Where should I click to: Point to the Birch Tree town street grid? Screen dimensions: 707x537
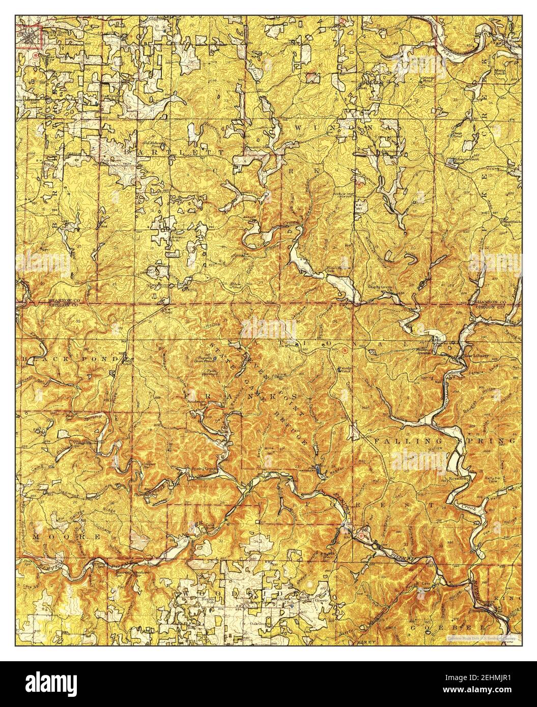coord(32,37)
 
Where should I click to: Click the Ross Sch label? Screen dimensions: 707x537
coord(458,479)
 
